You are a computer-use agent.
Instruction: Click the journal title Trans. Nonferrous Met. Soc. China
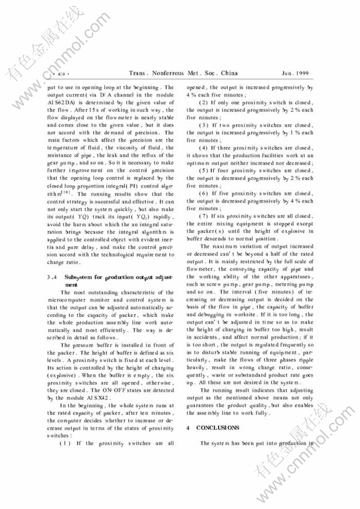click(x=183, y=73)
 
